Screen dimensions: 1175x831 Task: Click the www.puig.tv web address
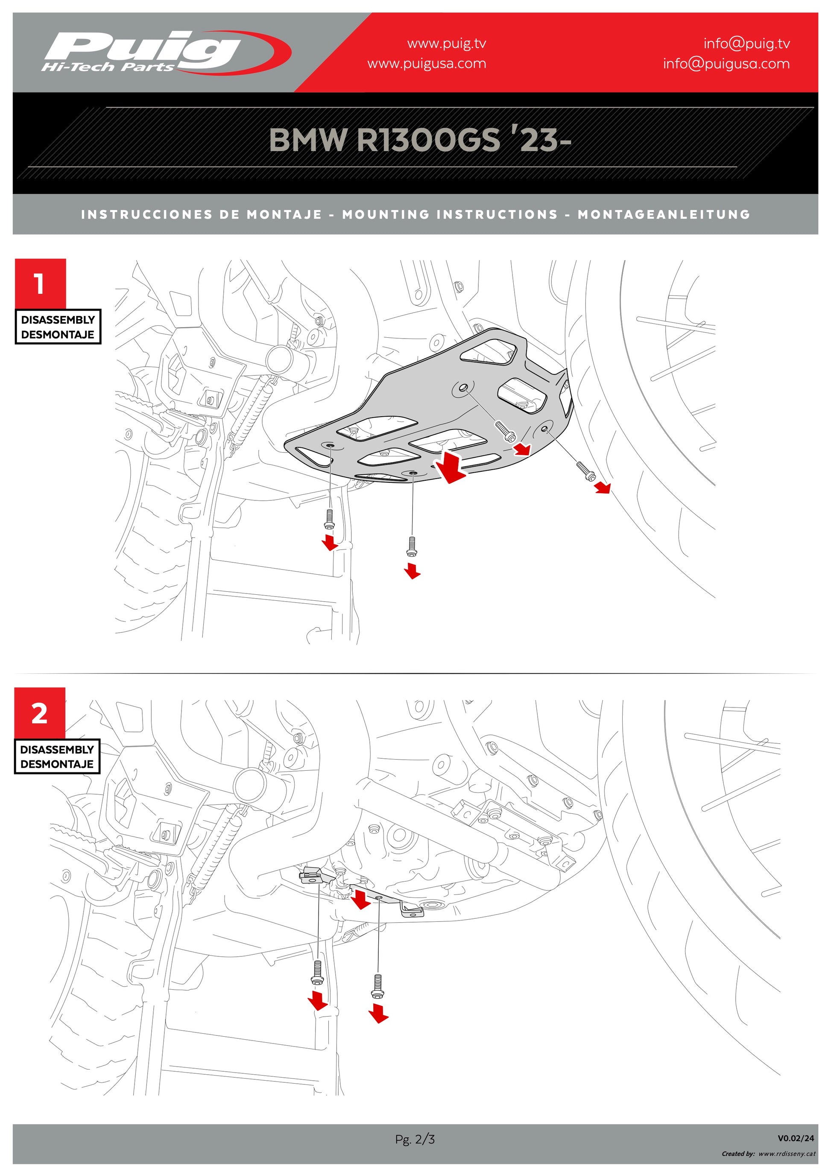click(446, 44)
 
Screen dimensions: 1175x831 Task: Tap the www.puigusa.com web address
click(426, 64)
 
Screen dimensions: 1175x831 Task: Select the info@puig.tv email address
click(746, 44)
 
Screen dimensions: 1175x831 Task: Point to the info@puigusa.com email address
click(726, 64)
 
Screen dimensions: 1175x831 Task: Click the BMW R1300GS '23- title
click(420, 140)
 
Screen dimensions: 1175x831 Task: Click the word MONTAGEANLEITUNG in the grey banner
click(664, 214)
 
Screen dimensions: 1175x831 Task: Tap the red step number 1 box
click(40, 283)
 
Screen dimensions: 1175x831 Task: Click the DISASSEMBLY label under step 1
click(58, 320)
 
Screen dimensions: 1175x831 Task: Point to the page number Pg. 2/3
click(415, 1139)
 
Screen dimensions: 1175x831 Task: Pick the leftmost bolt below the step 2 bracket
click(317, 972)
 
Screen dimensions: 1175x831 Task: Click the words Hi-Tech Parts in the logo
click(108, 67)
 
